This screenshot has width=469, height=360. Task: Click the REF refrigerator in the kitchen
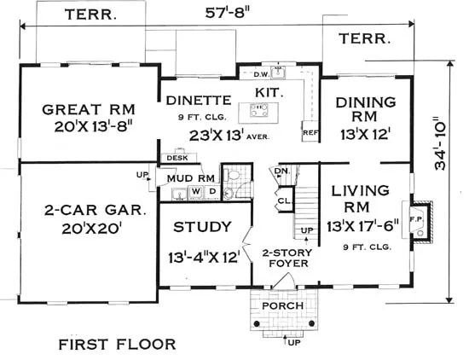[x=310, y=131]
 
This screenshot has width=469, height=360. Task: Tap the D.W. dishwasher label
[x=262, y=74]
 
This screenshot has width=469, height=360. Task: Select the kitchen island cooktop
[x=258, y=110]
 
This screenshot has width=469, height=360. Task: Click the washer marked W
[x=195, y=192]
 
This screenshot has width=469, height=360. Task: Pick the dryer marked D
[x=212, y=191]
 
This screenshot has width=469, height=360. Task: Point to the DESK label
[x=177, y=158]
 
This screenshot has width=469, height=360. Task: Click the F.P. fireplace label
[x=416, y=219]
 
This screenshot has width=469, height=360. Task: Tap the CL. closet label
[x=284, y=201]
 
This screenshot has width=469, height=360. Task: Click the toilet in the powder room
[x=232, y=175]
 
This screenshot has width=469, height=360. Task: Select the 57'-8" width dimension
[x=228, y=13]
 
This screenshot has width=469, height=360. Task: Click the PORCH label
[x=282, y=306]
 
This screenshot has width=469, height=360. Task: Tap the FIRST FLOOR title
[x=117, y=345]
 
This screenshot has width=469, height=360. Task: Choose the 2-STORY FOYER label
[x=288, y=258]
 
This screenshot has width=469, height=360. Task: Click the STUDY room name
[x=202, y=227]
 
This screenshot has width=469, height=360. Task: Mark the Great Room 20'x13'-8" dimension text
[x=93, y=127]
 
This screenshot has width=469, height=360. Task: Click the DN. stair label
[x=282, y=171]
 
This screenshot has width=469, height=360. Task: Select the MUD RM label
[x=190, y=178]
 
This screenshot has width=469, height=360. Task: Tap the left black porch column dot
[x=257, y=323]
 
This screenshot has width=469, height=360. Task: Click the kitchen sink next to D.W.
[x=278, y=73]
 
